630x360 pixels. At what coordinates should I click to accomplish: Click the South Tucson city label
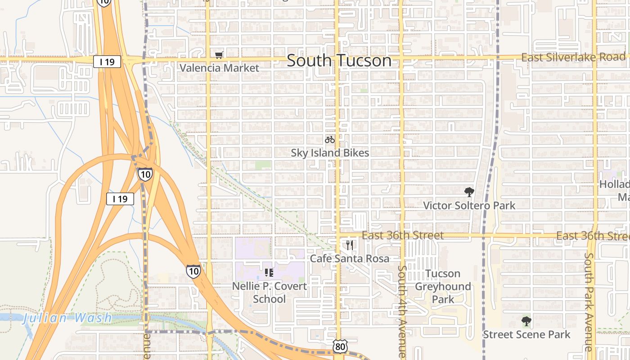tap(339, 60)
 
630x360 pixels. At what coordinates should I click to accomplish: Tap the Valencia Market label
tap(220, 68)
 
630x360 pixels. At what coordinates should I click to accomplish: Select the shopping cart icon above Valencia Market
tap(219, 55)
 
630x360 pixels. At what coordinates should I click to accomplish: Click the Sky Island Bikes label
tap(330, 153)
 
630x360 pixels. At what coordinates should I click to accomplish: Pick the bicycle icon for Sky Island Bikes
tap(330, 139)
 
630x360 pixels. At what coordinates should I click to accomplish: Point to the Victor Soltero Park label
tap(469, 206)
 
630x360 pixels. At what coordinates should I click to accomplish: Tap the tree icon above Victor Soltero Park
tap(469, 192)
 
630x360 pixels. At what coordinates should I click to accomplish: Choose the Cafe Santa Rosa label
tap(350, 258)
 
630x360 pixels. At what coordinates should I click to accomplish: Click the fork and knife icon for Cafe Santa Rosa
tap(350, 245)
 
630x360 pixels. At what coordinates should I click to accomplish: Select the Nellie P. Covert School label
tap(270, 292)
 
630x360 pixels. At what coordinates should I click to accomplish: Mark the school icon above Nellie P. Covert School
tap(269, 272)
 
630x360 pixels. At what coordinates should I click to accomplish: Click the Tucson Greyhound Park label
tap(443, 286)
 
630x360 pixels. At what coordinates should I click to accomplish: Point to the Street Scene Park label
tap(526, 334)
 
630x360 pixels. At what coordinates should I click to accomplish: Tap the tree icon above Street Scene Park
tap(526, 321)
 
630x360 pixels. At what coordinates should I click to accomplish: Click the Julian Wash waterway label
tap(67, 318)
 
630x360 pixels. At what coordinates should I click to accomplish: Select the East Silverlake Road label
tap(573, 57)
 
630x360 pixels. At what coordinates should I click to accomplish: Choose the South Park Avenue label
tap(589, 301)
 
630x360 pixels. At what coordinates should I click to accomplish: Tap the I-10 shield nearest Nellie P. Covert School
tap(193, 271)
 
